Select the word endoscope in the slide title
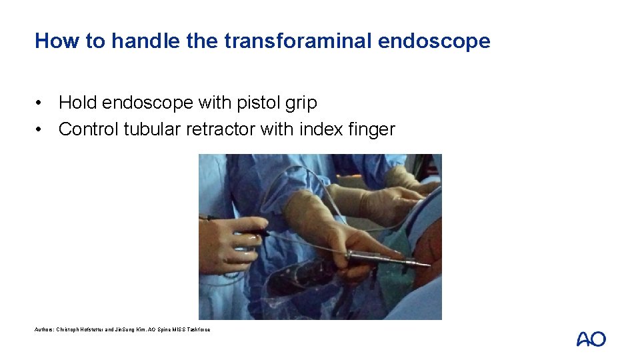click(x=434, y=41)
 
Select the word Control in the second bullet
click(x=89, y=129)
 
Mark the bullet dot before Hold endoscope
click(x=41, y=103)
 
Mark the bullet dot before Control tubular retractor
click(x=41, y=129)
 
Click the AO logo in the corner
click(x=591, y=339)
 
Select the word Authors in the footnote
click(x=45, y=330)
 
